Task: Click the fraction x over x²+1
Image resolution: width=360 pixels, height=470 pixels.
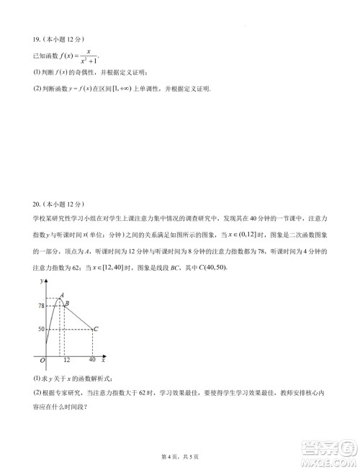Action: (89, 55)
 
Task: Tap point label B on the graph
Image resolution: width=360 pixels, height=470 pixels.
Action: (68, 304)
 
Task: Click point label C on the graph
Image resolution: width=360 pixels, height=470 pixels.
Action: (97, 329)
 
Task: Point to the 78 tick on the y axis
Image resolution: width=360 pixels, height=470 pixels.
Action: (41, 306)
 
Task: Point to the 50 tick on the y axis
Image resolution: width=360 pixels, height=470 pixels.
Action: (41, 330)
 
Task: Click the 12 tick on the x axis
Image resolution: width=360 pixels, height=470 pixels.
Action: (66, 360)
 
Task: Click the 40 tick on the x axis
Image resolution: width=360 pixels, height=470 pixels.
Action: (92, 360)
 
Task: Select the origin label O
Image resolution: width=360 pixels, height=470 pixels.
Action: (42, 360)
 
